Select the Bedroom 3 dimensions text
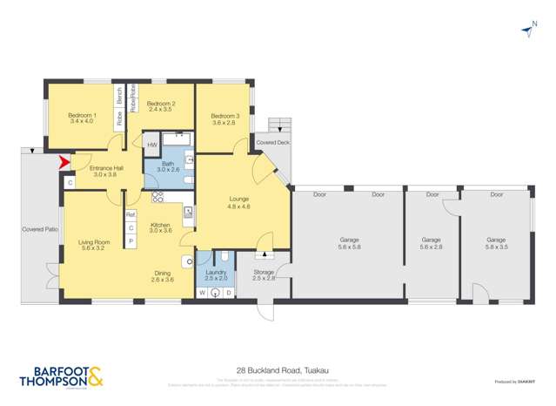tap(224, 123)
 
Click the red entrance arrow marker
tap(61, 161)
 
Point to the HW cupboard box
tap(151, 145)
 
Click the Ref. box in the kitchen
tap(131, 214)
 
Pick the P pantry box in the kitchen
tap(131, 240)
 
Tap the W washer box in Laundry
tap(203, 293)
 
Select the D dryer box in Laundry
tap(228, 293)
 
